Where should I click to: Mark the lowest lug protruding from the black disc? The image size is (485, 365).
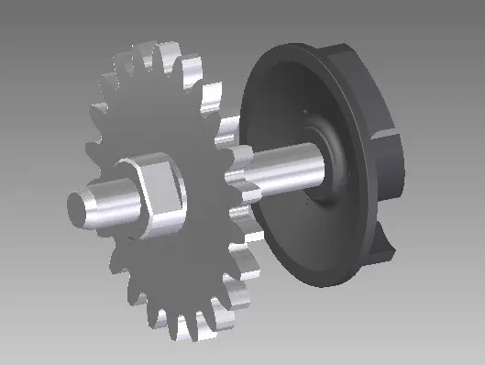(x=386, y=243)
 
